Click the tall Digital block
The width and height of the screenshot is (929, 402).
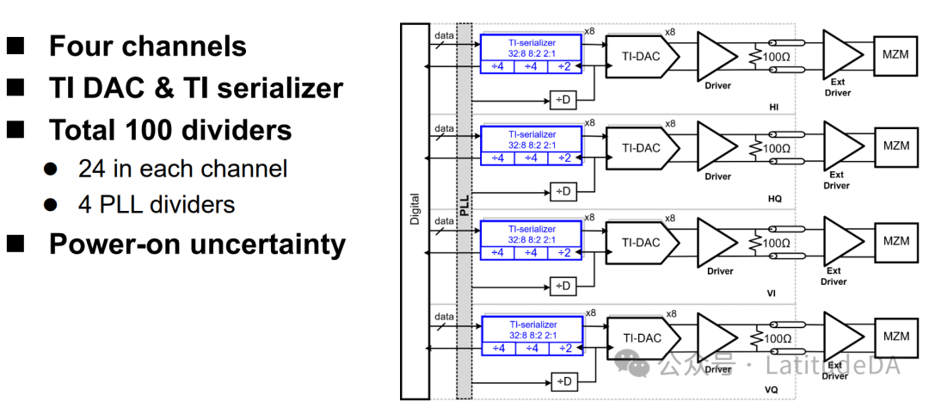point(415,211)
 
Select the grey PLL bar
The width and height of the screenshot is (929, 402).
point(464,211)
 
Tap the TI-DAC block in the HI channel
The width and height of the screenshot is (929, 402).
point(642,54)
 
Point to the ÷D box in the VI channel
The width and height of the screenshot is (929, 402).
point(562,286)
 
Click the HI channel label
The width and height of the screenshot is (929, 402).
point(773,107)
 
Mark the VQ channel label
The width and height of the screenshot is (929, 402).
point(773,390)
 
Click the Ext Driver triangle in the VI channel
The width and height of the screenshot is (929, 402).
point(840,242)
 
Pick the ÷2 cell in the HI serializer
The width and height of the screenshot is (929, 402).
point(564,65)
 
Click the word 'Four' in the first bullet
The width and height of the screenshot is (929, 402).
point(83,46)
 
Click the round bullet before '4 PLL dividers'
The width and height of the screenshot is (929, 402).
point(51,205)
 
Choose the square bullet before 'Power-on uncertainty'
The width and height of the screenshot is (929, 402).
point(17,244)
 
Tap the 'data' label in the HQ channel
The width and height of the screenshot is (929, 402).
point(444,128)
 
